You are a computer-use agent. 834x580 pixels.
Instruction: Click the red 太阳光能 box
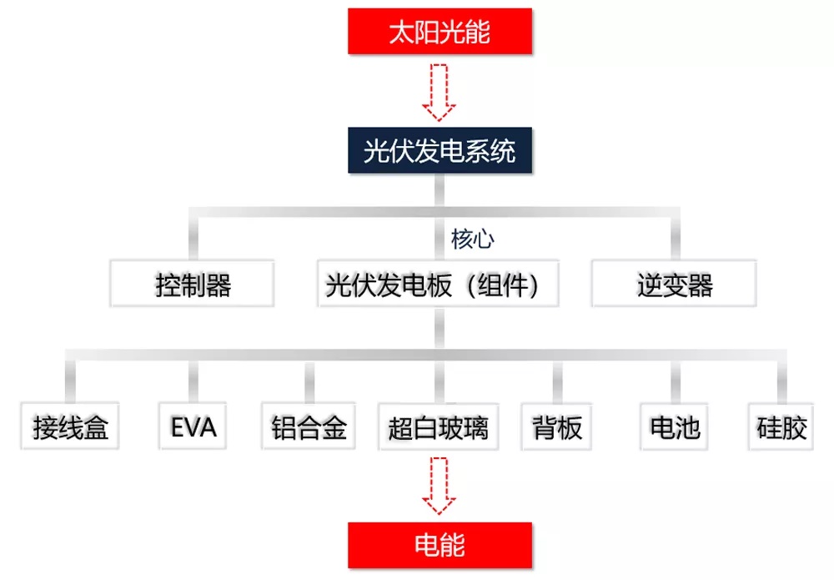(440, 31)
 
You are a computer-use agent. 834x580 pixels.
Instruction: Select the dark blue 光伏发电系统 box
(440, 150)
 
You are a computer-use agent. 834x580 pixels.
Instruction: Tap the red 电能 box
(440, 546)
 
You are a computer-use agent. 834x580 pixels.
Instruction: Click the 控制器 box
(192, 283)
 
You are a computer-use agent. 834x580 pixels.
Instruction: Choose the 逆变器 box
(674, 283)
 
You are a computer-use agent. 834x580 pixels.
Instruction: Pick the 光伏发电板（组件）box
(438, 283)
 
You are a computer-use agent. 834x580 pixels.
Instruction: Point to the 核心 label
(472, 239)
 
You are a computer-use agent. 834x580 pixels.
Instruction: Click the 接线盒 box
(70, 426)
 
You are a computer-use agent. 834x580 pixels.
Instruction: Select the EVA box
(193, 426)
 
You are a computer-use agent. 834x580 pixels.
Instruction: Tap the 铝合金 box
(309, 426)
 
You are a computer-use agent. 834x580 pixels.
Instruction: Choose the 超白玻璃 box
(439, 426)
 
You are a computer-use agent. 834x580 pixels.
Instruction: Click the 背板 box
(557, 426)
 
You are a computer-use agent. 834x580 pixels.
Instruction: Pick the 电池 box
(675, 426)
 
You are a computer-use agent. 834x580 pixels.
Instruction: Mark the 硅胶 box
(781, 426)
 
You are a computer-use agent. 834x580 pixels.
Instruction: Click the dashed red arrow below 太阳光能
(439, 92)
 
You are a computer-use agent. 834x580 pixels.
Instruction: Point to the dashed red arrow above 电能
(439, 486)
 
